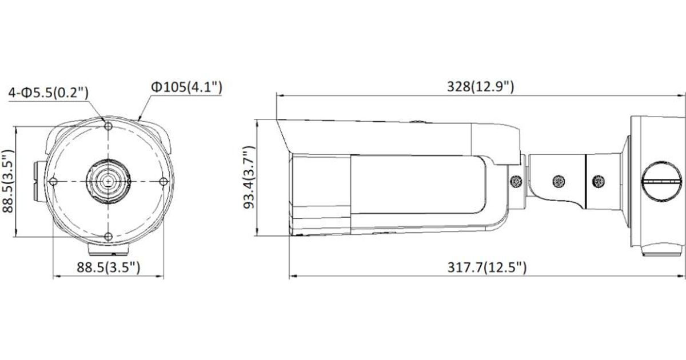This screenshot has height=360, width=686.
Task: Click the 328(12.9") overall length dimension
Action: click(x=481, y=87)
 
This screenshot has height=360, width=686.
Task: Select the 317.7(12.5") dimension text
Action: click(x=487, y=267)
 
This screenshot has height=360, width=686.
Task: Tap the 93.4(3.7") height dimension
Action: click(x=249, y=178)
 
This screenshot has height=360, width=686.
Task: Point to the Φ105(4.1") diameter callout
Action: click(x=186, y=87)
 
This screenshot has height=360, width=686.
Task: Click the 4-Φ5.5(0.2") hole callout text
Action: click(x=49, y=92)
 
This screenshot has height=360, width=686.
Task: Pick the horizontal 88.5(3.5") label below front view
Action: click(x=109, y=267)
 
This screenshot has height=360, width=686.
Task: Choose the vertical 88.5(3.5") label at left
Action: click(x=8, y=181)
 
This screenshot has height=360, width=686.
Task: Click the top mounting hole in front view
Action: click(x=108, y=126)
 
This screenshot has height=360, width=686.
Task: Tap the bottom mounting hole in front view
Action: click(x=108, y=237)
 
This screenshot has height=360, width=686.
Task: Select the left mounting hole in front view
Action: click(x=53, y=182)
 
